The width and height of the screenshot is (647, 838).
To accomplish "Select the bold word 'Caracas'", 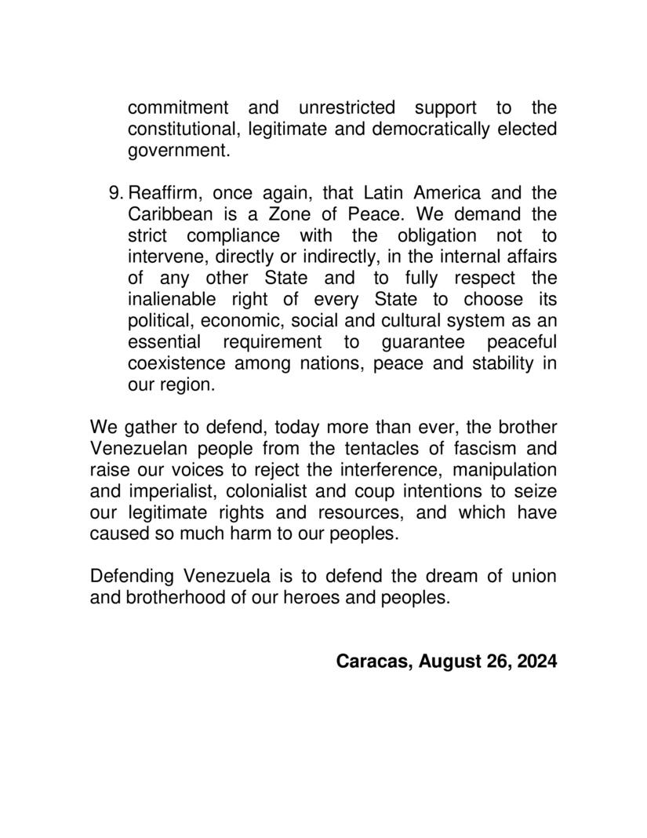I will click(372, 661).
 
